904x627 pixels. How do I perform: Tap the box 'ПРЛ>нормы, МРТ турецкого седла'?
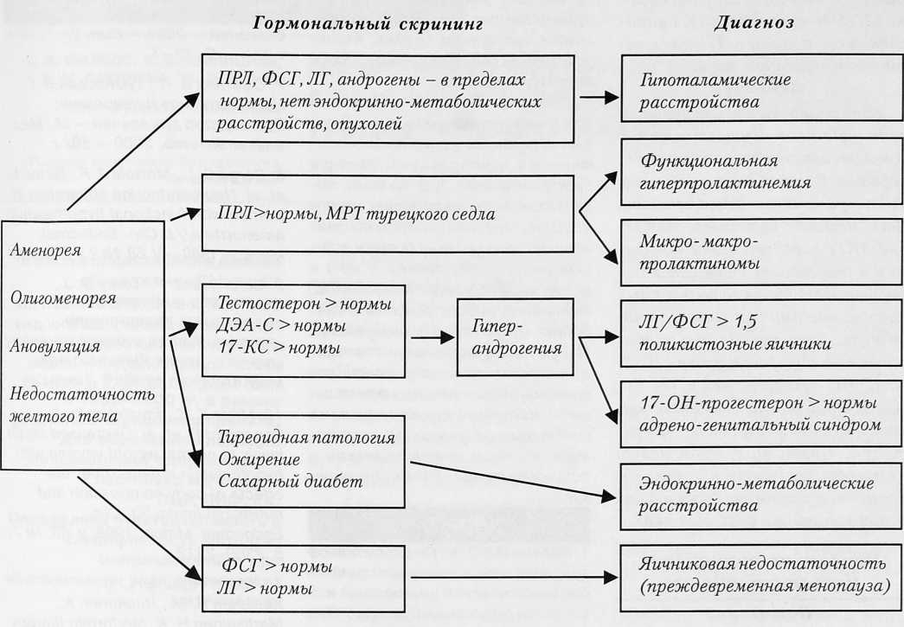coord(388,213)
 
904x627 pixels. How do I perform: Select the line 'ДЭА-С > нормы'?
coord(283,326)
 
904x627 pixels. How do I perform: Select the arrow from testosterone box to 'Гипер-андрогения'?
coord(431,338)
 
